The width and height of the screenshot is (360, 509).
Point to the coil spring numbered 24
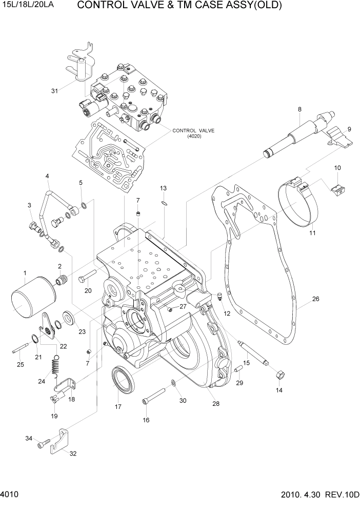point(56,368)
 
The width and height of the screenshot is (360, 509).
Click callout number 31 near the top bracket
point(54,91)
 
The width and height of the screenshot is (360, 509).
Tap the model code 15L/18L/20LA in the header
point(27,7)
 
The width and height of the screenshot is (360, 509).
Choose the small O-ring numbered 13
point(163,203)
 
